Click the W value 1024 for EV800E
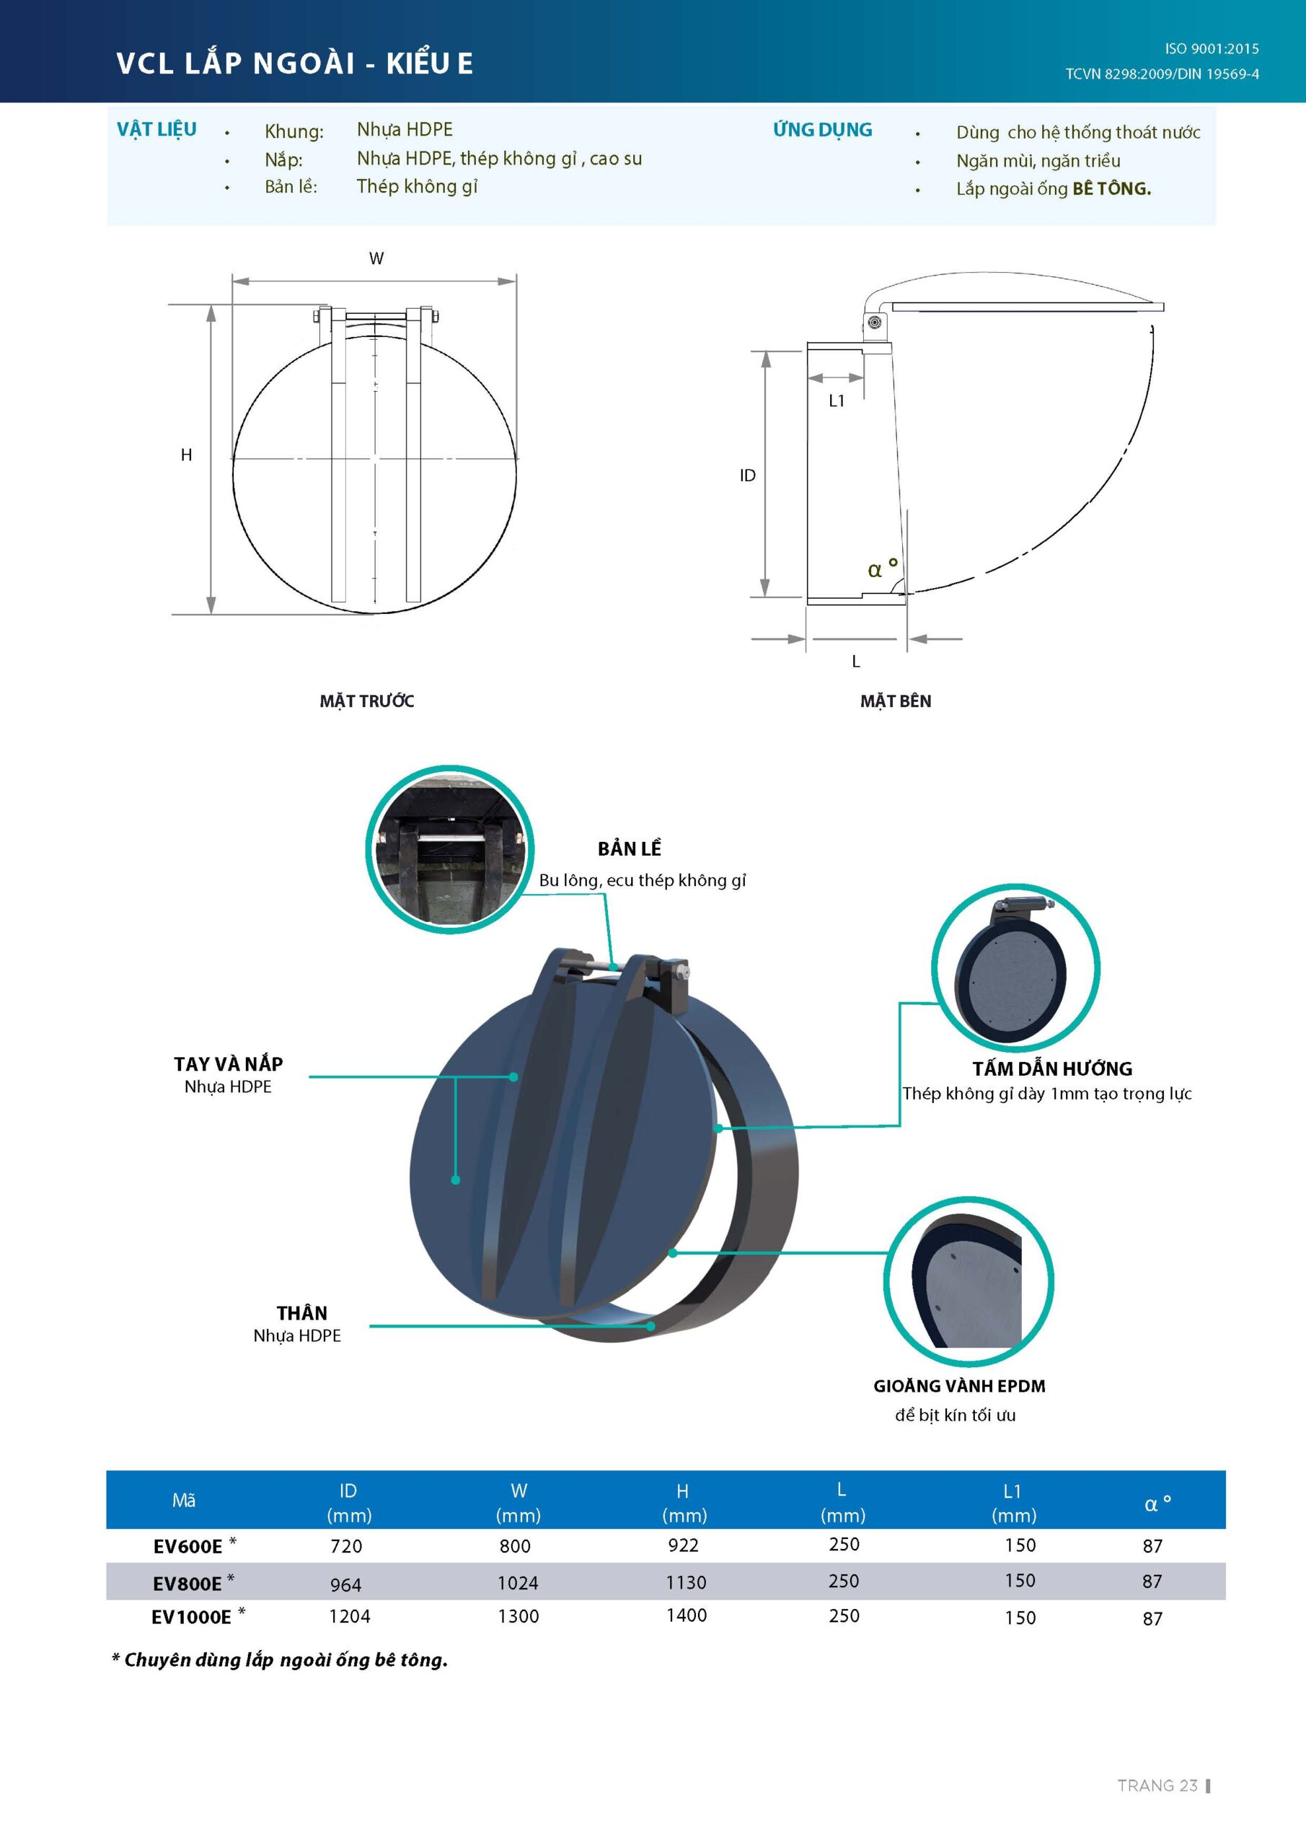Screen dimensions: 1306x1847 [517, 1583]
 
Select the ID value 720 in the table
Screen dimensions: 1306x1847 [347, 1546]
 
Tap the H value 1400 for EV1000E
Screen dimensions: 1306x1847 [686, 1615]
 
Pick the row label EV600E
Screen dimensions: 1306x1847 [187, 1546]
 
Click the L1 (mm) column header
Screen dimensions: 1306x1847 [1013, 1504]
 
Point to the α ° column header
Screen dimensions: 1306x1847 [1157, 1503]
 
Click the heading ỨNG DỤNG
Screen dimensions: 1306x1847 [822, 130]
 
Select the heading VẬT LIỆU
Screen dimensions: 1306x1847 [156, 130]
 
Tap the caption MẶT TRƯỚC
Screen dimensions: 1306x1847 [367, 701]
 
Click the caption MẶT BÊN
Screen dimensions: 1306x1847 [895, 701]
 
